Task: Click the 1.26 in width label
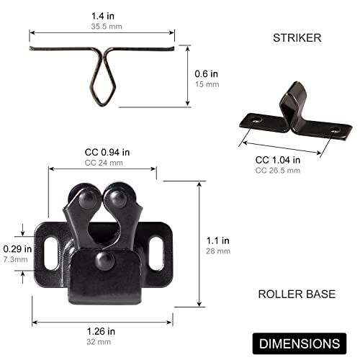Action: click(x=101, y=331)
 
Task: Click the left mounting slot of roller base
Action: click(x=51, y=246)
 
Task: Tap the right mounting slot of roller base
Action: click(x=157, y=245)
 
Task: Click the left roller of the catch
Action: click(x=86, y=198)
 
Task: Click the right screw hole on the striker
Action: click(x=334, y=130)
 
